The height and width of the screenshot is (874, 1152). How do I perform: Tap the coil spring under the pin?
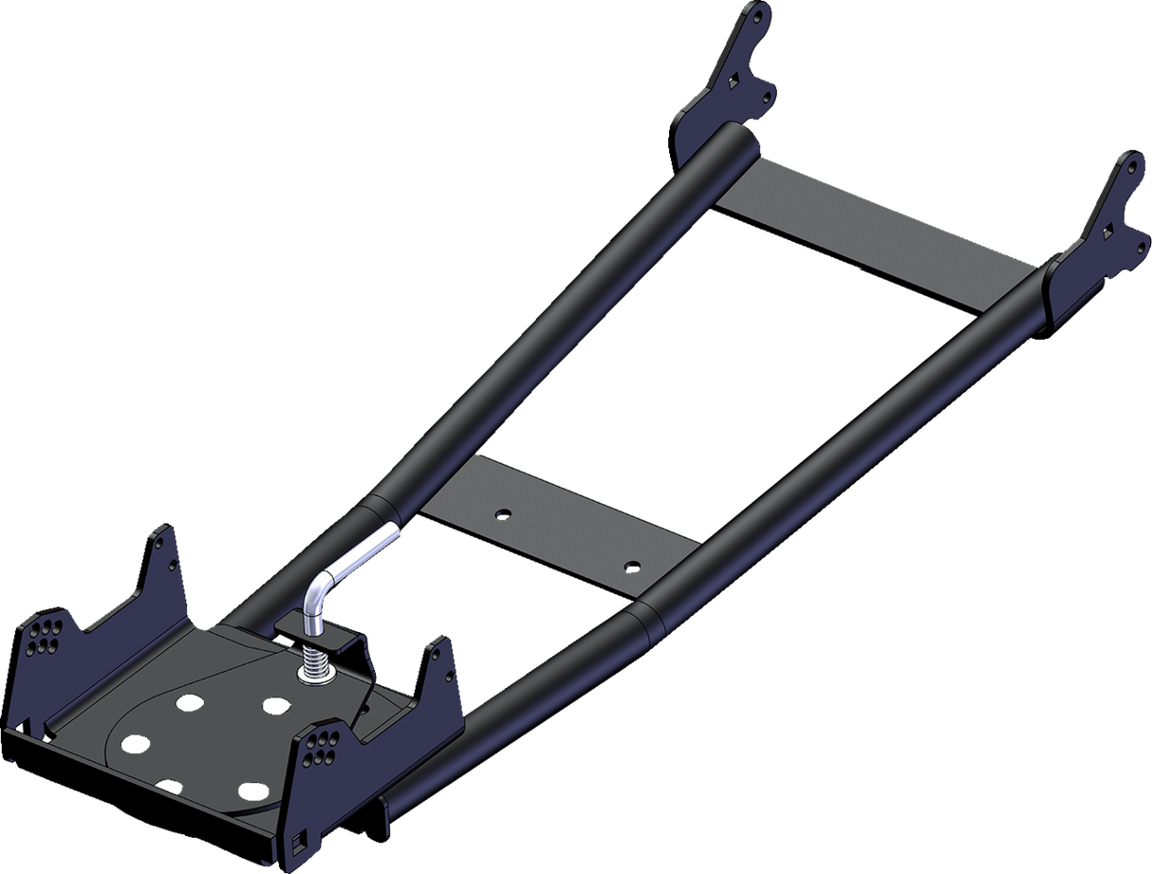[x=314, y=656]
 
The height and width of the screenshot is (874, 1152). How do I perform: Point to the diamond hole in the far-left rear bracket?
[x=732, y=82]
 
